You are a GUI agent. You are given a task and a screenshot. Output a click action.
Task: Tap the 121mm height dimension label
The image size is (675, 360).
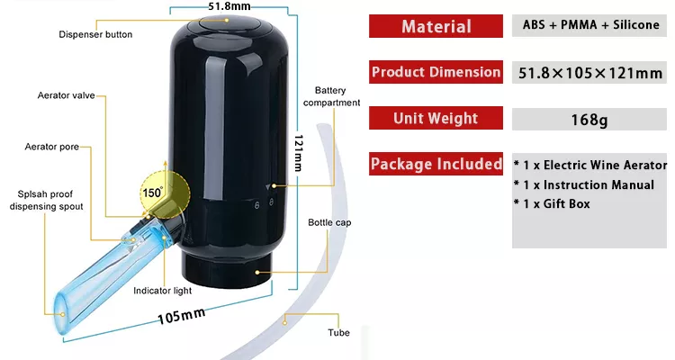298,153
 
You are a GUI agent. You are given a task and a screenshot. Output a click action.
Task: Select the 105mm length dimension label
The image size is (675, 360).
181,316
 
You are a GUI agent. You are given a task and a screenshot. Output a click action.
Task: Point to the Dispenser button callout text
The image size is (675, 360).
95,34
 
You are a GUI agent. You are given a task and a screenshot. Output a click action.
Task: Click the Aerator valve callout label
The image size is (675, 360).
66,95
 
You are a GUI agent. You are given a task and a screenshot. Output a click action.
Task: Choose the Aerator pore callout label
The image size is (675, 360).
51,147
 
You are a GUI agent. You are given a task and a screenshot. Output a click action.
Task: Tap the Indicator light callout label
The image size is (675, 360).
162,291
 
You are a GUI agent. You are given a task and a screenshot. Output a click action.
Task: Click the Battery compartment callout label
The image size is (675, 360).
331,96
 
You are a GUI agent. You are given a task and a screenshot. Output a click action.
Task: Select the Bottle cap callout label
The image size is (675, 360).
329,222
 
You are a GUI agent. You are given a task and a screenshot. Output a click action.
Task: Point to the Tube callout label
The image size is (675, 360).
338,332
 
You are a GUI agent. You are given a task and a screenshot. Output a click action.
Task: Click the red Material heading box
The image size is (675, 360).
436,26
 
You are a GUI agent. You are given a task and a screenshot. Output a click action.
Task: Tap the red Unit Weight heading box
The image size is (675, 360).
436,118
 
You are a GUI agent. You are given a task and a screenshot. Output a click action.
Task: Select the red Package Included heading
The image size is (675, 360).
436,164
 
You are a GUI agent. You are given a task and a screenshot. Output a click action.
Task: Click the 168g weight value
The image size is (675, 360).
589,120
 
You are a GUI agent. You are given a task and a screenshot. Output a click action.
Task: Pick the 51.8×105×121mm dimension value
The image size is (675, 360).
589,73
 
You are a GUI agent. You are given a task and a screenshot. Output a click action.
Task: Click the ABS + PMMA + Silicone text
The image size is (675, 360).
590,25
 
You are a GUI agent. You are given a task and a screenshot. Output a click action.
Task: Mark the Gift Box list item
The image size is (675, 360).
552,203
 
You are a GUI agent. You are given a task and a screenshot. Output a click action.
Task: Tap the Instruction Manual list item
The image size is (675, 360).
584,184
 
